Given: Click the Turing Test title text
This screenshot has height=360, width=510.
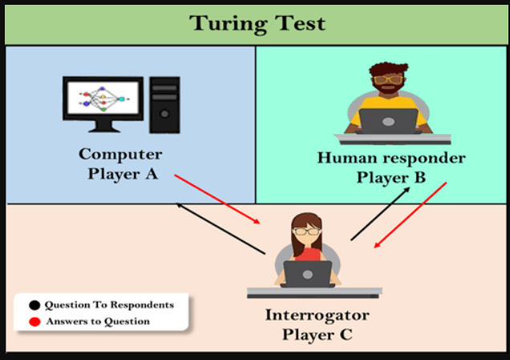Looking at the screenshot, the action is point(257,23).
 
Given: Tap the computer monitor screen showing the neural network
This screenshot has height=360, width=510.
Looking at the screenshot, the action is point(103,98).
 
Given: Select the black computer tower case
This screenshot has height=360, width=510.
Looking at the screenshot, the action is point(164,105).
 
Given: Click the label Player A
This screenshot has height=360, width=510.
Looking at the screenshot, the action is point(123,174).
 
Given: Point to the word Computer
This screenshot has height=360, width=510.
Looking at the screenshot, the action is point(120,154).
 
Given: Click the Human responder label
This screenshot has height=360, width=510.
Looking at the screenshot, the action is point(391,158).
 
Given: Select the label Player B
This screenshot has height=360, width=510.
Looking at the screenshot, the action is point(391,177).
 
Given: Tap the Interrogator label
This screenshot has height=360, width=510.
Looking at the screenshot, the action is point(318,315).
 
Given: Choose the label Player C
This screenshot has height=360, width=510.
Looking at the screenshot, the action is point(318,334).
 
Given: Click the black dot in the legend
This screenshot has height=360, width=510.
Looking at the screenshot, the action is point(34,305).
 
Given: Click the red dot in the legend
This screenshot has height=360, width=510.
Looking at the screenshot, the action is point(34,322).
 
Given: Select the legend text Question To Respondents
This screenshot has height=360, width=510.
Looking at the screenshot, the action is point(109,305).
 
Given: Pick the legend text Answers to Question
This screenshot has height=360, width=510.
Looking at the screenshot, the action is point(98,322).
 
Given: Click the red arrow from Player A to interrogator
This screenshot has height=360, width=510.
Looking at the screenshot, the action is point(217,199).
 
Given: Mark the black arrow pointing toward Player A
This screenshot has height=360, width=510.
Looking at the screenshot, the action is point(221,229).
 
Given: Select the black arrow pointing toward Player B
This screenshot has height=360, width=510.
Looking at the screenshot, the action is point(380,213).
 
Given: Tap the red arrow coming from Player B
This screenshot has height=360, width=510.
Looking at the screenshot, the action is point(411,215).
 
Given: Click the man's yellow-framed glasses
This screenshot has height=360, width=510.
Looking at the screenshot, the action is point(388,79).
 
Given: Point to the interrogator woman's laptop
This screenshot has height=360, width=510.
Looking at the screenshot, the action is point(308,274).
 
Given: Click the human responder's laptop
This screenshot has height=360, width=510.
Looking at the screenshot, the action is point(388,121).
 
